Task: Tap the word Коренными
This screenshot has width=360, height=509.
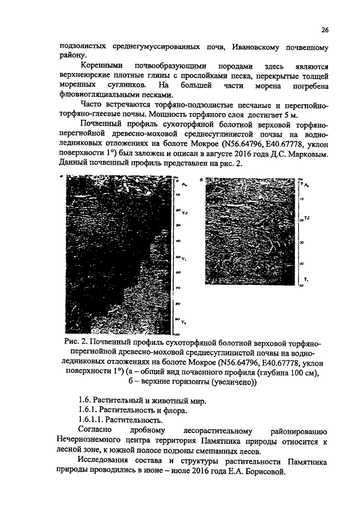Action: click(101, 66)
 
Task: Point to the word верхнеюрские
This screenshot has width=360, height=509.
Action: click(83, 75)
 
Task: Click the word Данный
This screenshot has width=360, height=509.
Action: click(73, 163)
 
